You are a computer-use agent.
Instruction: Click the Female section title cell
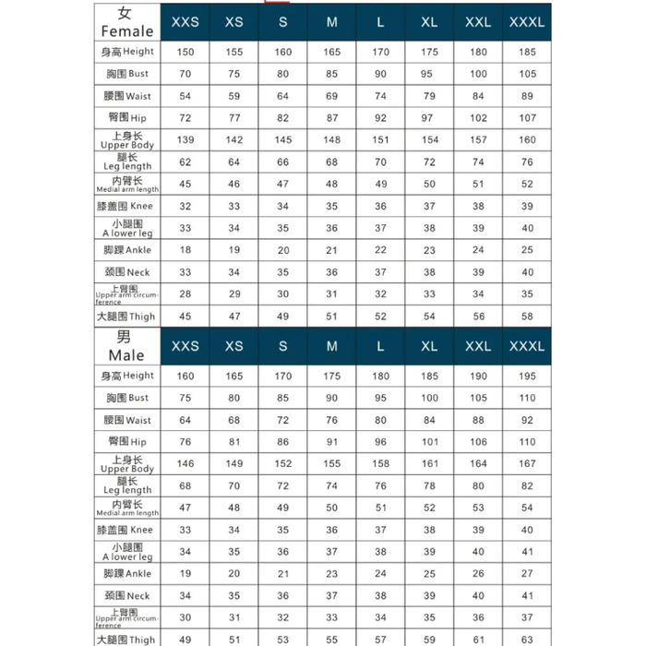[127, 22]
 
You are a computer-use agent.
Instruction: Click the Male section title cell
[127, 346]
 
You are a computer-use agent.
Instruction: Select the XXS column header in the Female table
[185, 22]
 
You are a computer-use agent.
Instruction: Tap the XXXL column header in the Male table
[527, 346]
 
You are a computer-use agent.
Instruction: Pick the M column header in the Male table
[332, 346]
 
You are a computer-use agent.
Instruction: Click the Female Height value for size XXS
[185, 52]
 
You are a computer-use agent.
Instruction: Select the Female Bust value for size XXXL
[527, 74]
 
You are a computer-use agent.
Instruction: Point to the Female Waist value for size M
[332, 96]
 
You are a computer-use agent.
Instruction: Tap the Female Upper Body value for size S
[283, 140]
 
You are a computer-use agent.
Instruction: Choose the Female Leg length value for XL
[429, 162]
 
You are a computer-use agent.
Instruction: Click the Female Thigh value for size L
[381, 317]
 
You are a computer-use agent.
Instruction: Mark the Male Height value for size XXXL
[527, 376]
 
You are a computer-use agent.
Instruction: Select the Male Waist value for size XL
[429, 420]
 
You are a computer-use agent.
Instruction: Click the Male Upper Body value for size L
[381, 464]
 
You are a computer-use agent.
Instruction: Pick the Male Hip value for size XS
[234, 442]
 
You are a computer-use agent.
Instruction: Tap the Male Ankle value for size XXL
[478, 574]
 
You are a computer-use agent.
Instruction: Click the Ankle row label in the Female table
[127, 250]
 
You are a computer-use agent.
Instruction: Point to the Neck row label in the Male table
[127, 596]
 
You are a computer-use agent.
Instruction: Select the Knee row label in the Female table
[127, 207]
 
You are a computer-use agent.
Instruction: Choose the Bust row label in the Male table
[127, 398]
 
